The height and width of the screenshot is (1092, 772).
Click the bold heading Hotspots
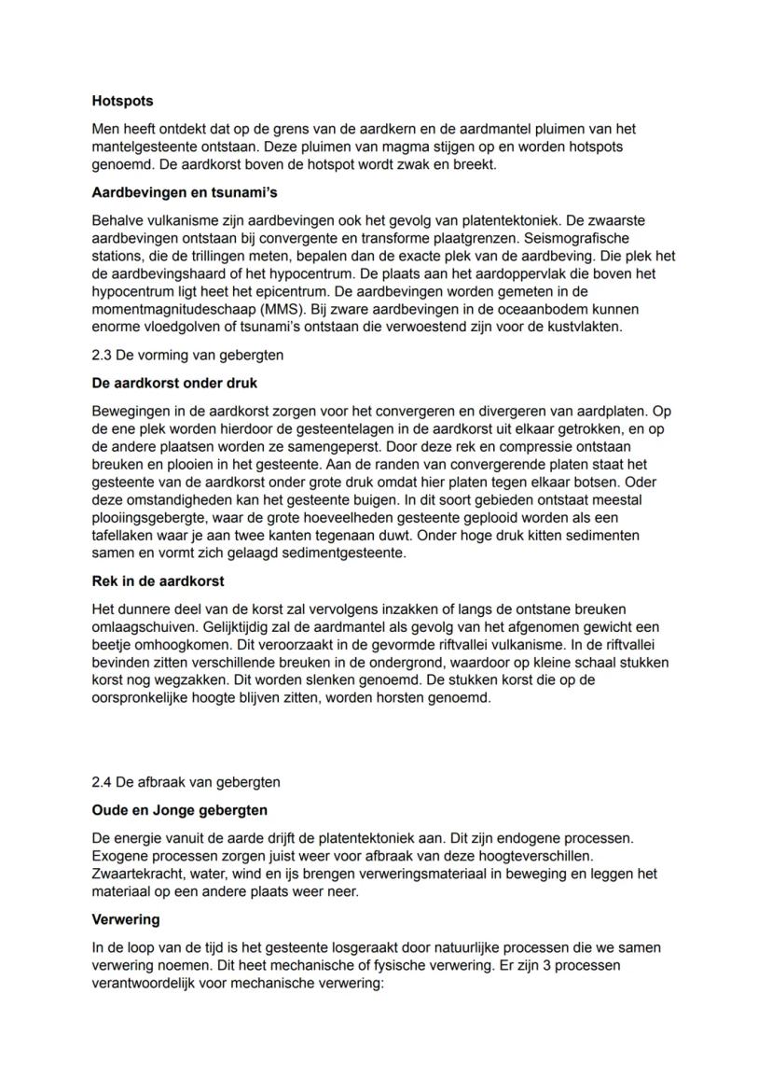pyautogui.click(x=122, y=100)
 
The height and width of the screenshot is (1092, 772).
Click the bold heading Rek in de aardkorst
pyautogui.click(x=158, y=581)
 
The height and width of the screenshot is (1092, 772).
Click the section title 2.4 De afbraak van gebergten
pyautogui.click(x=186, y=782)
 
